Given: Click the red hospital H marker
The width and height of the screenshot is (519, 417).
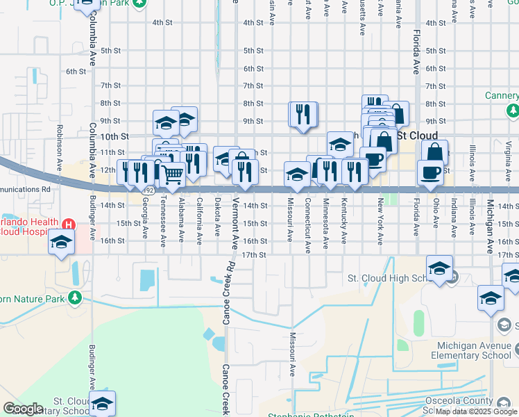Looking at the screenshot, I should [x=68, y=224].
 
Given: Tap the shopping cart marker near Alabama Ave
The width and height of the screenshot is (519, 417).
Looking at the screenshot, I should [x=172, y=174].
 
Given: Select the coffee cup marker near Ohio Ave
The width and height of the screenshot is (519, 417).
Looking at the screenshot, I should [x=430, y=171].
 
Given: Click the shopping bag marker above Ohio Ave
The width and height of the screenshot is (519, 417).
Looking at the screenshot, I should [x=434, y=152].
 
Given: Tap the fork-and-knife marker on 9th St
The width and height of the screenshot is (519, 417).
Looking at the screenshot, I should [x=303, y=113].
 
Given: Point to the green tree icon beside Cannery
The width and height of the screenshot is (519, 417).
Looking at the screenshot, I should [x=513, y=110].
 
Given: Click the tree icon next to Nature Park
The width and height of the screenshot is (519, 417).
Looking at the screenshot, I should [x=74, y=299].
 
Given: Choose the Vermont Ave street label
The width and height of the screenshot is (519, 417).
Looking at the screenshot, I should [x=235, y=215].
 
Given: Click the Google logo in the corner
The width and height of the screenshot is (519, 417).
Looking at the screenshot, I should [x=23, y=409].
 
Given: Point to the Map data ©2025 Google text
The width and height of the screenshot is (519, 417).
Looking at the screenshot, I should [x=477, y=411].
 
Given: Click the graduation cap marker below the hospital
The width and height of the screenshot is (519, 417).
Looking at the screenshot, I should [x=61, y=243].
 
